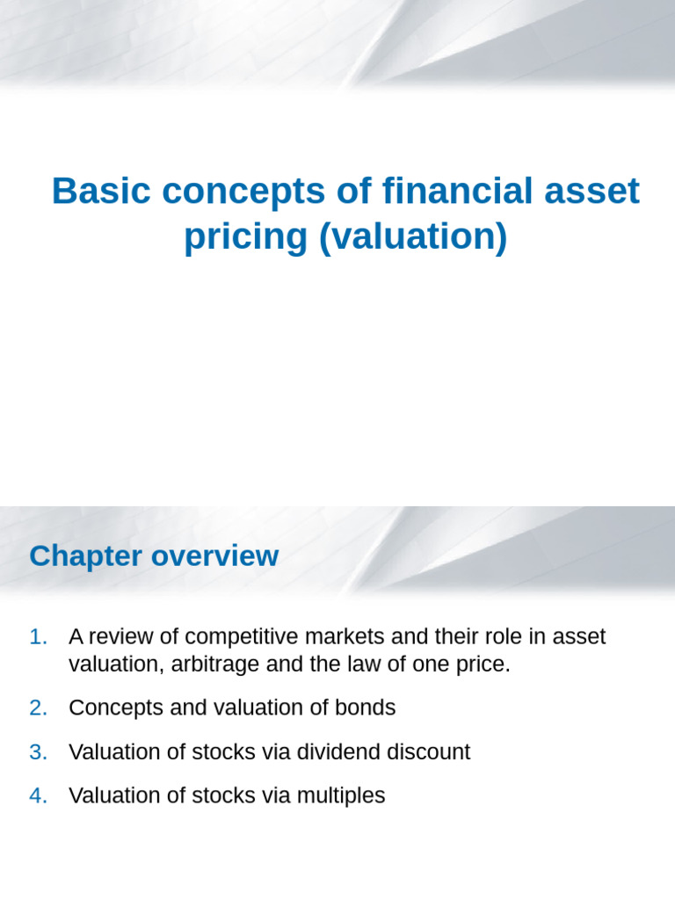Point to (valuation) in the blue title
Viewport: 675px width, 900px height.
click(x=413, y=236)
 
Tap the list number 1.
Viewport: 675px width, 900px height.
click(x=38, y=636)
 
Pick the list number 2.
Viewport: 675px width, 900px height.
click(x=38, y=708)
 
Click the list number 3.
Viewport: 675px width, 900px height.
click(x=38, y=751)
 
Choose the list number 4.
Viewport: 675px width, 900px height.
click(x=38, y=795)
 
